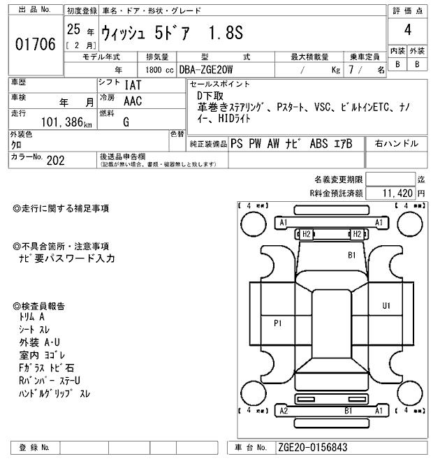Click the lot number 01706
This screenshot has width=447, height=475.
pos(35,45)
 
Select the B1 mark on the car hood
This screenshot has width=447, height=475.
pos(353,256)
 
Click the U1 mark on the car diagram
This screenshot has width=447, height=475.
pos(386,306)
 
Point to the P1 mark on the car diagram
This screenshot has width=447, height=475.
pos(277,323)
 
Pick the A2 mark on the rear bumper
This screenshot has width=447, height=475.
pos(283,411)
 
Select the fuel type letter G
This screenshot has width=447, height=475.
pos(126,122)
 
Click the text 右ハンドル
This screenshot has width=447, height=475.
pos(397,143)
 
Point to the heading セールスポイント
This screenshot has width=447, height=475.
pos(219,84)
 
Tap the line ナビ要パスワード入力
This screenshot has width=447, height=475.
pos(67,259)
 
